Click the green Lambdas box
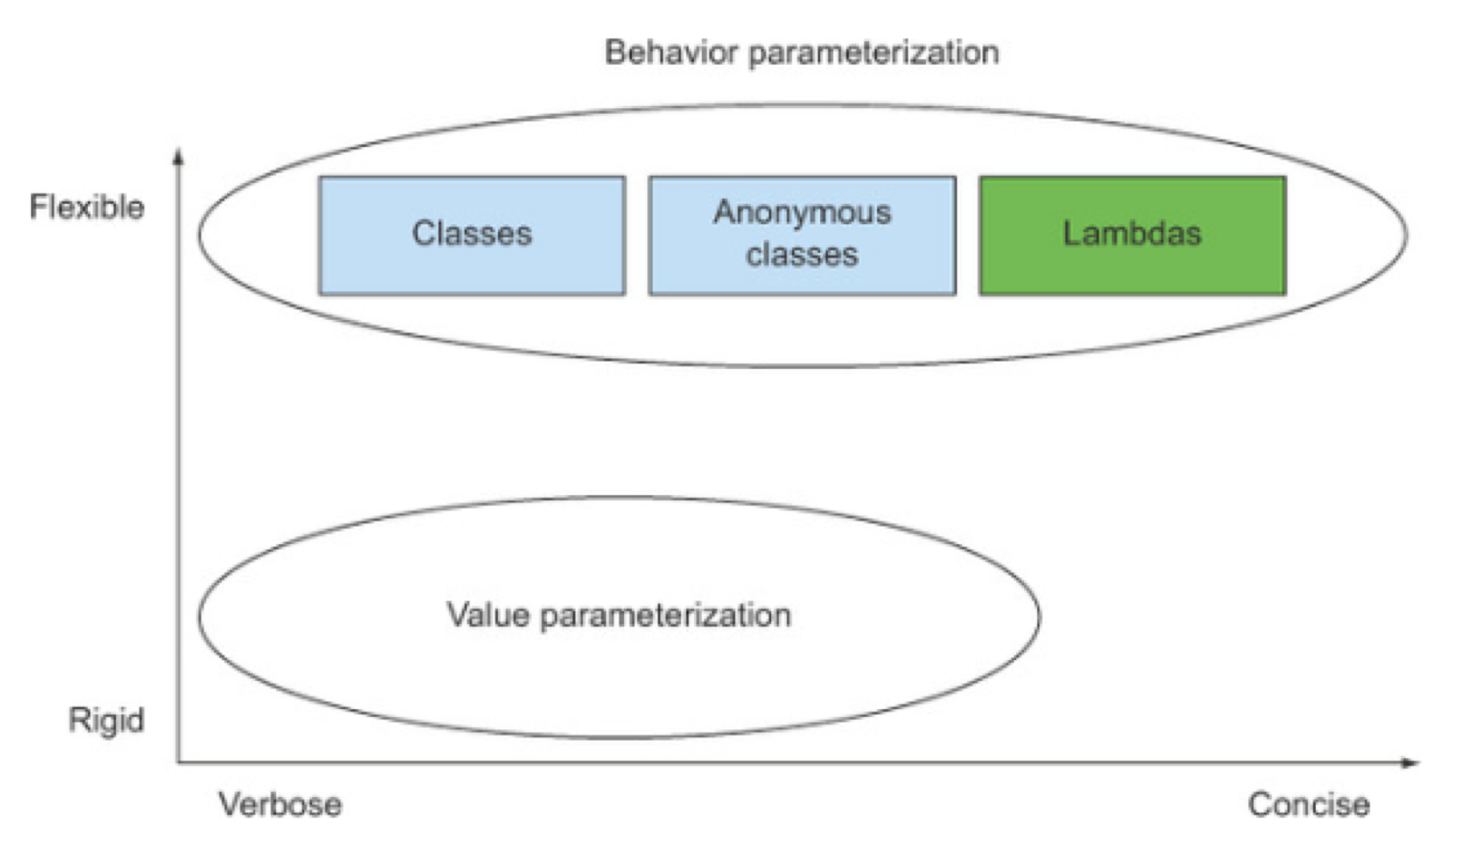[1132, 236]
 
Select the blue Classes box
[472, 236]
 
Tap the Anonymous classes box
[802, 236]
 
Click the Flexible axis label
[87, 207]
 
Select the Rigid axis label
[107, 720]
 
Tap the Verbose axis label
[280, 804]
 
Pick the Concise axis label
[1309, 804]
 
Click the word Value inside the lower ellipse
[487, 615]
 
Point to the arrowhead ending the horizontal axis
[1411, 763]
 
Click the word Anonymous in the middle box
[802, 212]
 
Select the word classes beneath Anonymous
[802, 255]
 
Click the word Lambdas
[1132, 234]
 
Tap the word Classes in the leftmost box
[472, 234]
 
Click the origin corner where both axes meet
[179, 762]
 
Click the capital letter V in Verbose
[230, 804]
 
